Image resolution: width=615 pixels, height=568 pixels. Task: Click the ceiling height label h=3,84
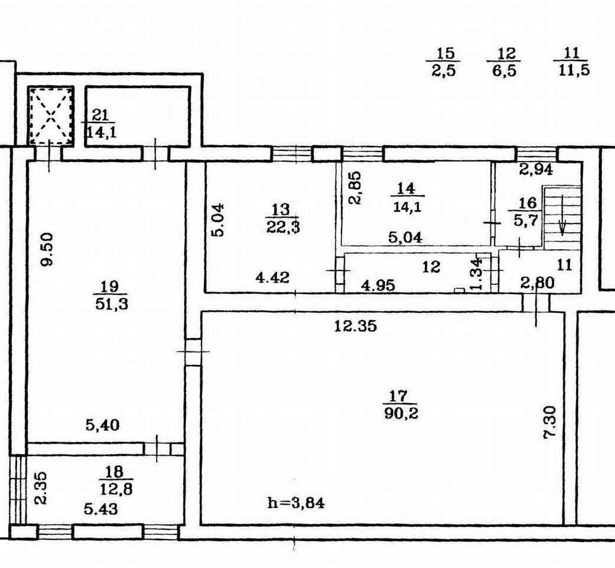296,503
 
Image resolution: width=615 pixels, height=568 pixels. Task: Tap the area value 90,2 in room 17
401,414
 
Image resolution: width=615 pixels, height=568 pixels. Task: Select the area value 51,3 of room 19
112,304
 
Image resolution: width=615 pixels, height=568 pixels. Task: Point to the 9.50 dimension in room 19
47,250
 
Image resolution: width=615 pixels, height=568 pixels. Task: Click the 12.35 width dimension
355,325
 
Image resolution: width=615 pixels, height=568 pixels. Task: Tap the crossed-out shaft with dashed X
51,116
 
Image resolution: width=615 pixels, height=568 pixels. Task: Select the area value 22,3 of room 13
283,227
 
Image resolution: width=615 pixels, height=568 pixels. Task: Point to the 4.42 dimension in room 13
272,277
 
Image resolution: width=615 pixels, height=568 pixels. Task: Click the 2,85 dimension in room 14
356,187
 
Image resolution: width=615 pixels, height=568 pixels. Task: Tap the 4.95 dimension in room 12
378,285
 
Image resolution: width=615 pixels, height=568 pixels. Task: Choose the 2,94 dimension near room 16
536,170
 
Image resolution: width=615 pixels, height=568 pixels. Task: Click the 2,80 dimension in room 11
538,282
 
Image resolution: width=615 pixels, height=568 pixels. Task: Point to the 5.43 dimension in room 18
101,509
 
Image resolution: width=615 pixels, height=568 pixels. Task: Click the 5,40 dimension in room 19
103,425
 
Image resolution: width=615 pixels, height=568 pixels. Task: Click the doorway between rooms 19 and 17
193,353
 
